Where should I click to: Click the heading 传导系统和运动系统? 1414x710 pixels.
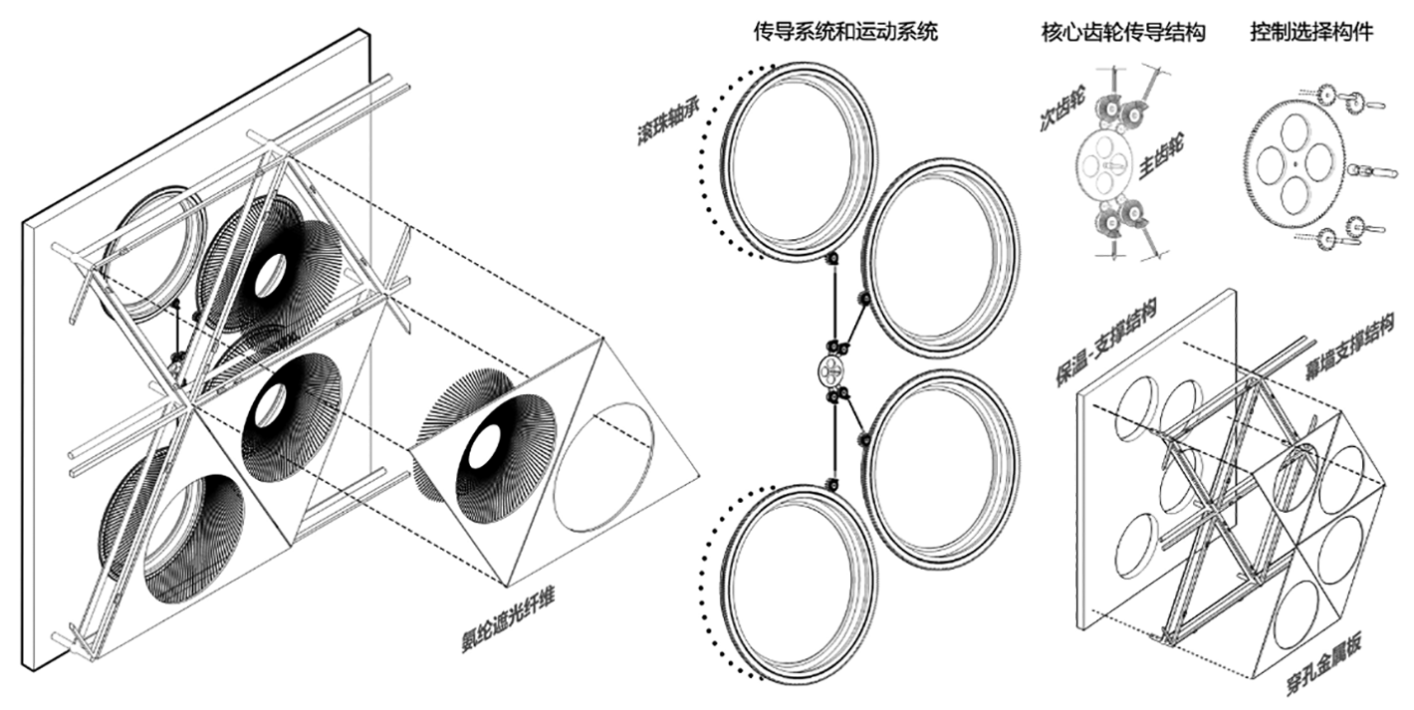coord(845,32)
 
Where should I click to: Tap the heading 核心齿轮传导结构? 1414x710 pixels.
coord(1123,32)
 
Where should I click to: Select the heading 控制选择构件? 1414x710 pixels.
coord(1311,32)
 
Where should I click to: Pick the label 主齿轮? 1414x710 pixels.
coord(1161,157)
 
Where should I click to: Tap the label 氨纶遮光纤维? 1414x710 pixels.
coord(508,620)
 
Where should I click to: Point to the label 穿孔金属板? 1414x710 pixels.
coord(1323,666)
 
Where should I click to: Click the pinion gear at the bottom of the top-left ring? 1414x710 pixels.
coord(832,259)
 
